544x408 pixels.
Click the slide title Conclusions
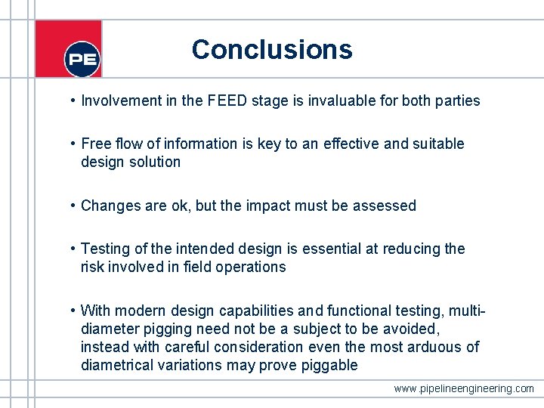click(271, 49)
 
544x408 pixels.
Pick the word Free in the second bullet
click(96, 144)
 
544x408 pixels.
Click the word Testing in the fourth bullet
click(105, 249)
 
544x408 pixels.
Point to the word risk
click(94, 267)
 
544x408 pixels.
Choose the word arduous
click(437, 347)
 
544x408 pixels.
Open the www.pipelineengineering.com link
click(463, 388)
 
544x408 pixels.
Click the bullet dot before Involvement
click(70, 100)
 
